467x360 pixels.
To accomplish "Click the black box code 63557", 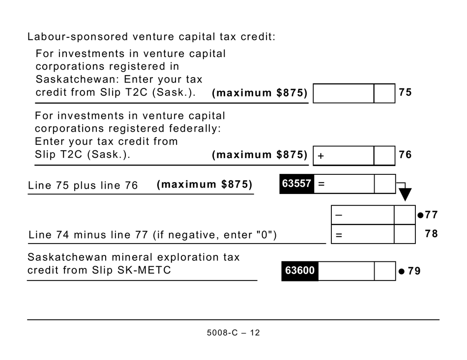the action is tap(296, 184).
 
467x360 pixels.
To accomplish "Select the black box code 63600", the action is tap(300, 271).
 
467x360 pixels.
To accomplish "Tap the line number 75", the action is tap(406, 93).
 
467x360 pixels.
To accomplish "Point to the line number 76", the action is tap(406, 155).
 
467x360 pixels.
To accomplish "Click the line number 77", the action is tap(431, 215).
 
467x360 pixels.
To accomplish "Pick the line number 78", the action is tap(431, 234).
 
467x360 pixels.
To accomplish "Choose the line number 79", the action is tap(414, 271).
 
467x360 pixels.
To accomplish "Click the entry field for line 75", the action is tap(343, 93).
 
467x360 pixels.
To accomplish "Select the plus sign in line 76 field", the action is tap(321, 156).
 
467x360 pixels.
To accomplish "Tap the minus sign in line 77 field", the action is tap(339, 215).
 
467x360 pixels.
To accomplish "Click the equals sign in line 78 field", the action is tap(339, 235).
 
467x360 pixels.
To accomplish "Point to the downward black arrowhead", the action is tap(405, 195).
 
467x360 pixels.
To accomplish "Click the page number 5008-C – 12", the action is tap(233, 333).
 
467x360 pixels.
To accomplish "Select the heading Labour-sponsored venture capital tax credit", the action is tap(151, 37).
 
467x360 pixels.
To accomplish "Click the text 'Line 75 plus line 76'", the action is tap(83, 186).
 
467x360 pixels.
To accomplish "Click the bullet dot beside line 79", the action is tap(402, 271).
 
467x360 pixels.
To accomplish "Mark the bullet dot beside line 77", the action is tap(420, 215).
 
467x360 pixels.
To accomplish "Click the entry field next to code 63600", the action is tap(346, 271).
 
